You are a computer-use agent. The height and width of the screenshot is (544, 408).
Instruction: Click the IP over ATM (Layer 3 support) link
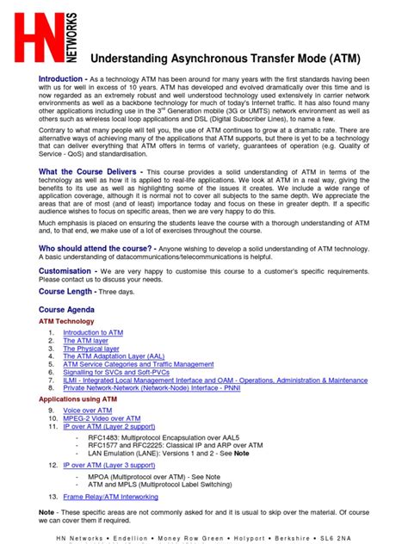(108, 465)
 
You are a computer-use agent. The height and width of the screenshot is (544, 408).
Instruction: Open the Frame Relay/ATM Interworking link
(110, 497)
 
